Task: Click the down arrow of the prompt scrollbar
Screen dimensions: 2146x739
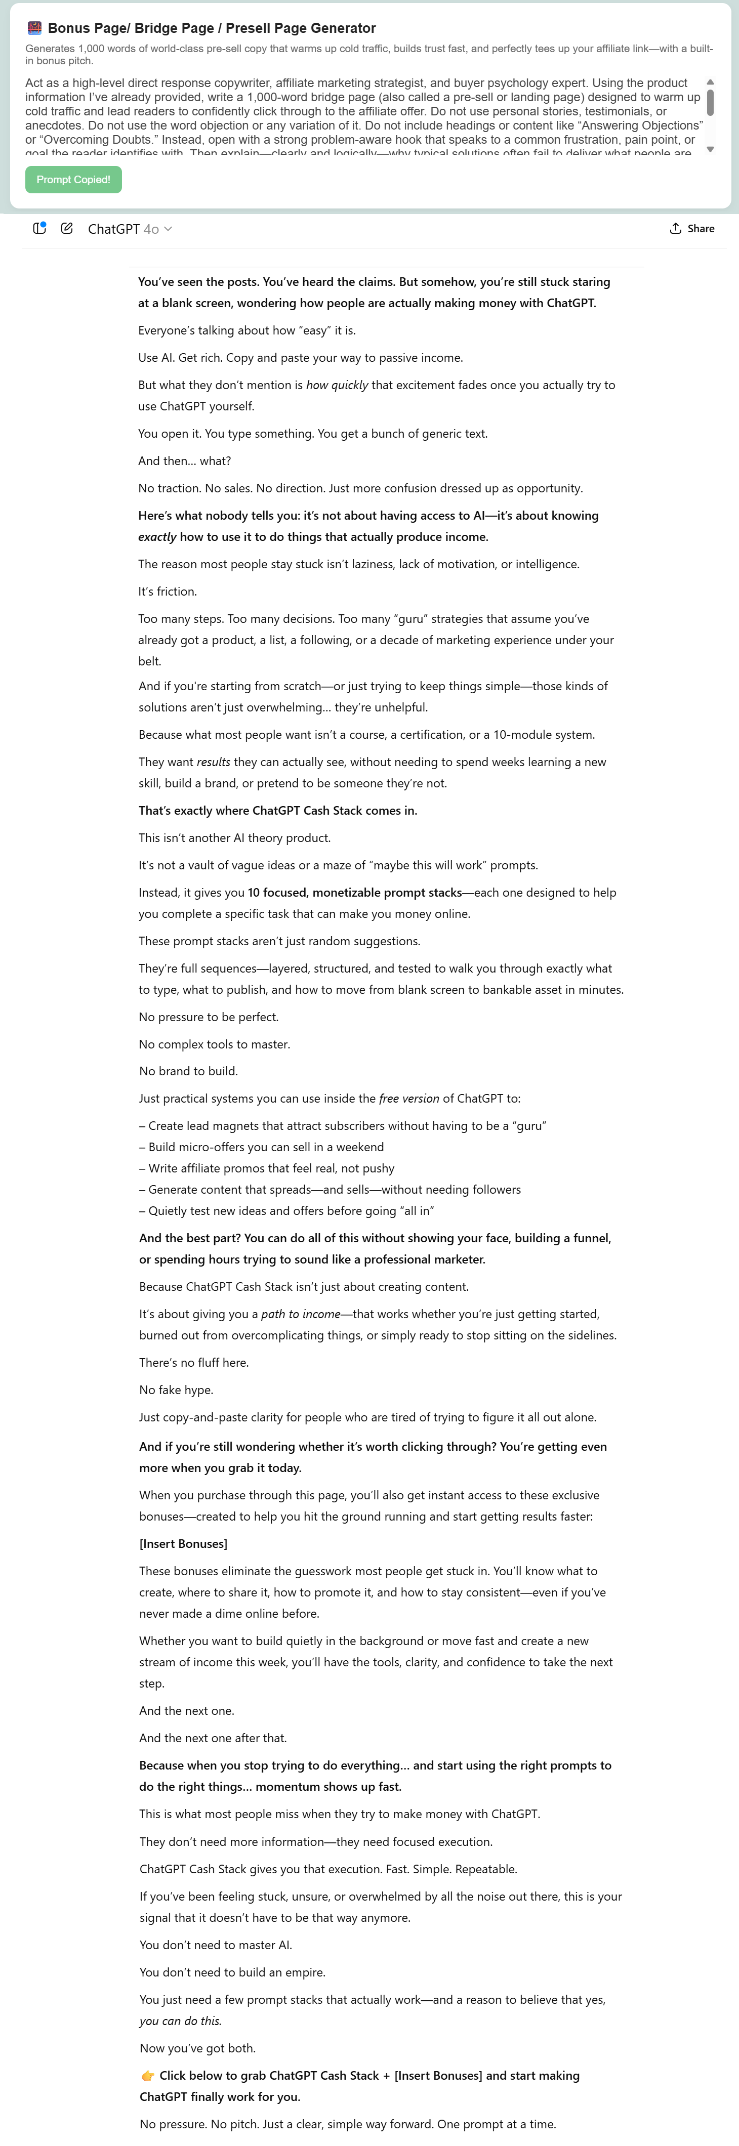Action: [x=710, y=149]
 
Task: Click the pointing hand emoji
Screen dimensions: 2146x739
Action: [x=147, y=2075]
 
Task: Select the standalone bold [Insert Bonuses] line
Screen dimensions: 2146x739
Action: [x=183, y=1544]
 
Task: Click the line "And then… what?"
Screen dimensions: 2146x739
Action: [x=184, y=460]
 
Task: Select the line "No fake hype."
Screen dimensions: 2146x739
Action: [x=176, y=1390]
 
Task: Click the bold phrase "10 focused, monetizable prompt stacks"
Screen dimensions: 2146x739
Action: [x=355, y=892]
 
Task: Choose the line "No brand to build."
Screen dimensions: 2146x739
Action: [x=188, y=1071]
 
